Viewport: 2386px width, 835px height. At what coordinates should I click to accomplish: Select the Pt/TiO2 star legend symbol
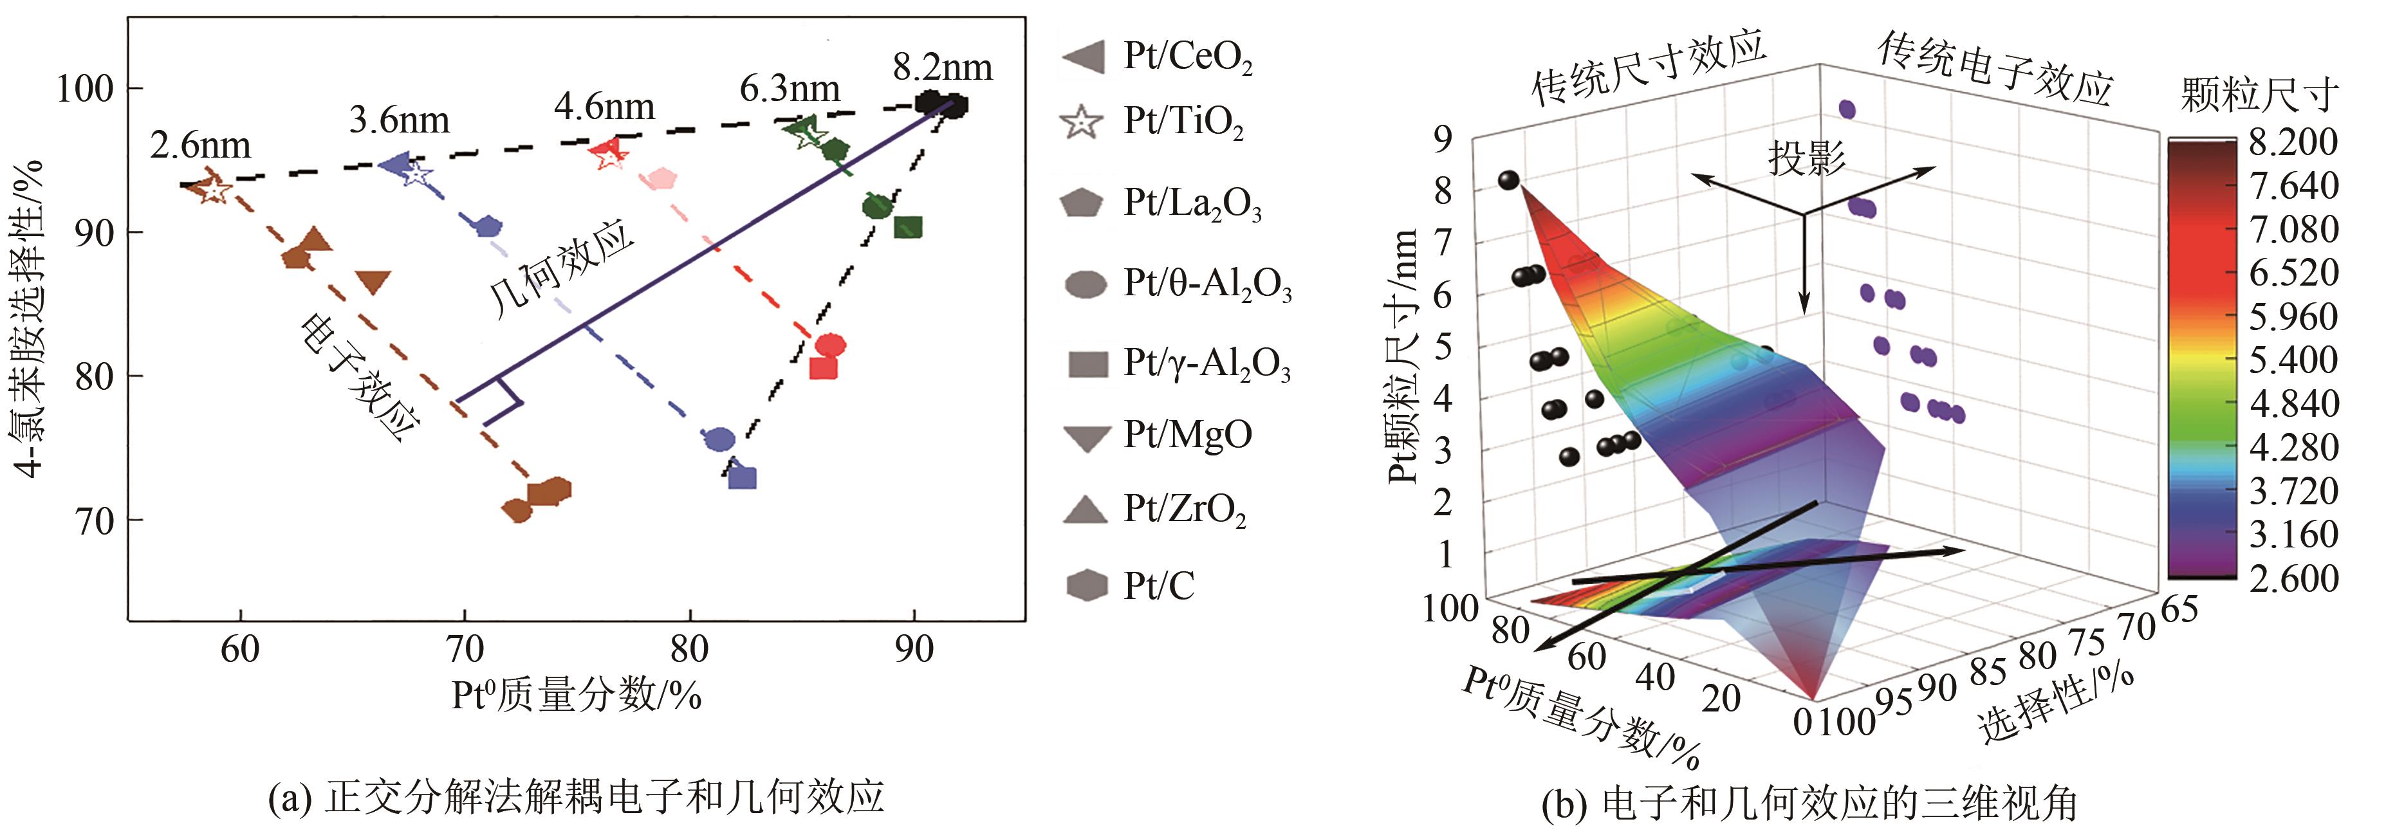pos(1082,122)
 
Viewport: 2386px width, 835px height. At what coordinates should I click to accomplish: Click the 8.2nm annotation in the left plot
pos(942,68)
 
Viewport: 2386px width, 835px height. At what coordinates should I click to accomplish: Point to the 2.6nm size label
pos(200,145)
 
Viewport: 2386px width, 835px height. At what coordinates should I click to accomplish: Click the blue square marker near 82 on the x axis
pos(743,478)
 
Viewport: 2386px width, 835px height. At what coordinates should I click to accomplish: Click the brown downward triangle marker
pos(373,282)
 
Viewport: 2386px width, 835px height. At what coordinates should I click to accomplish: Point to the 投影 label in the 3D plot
pos(1806,158)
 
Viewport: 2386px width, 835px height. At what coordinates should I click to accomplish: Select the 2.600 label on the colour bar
pos(2293,578)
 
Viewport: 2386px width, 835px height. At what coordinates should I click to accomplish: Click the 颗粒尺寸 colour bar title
pos(2259,95)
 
